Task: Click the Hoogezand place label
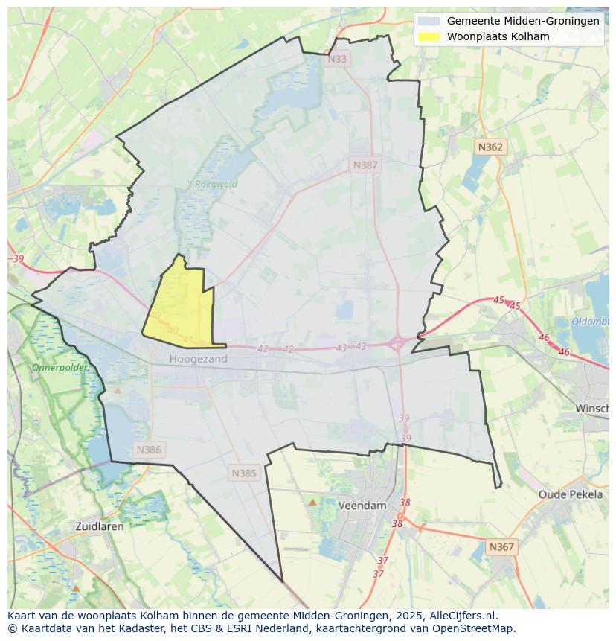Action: click(198, 359)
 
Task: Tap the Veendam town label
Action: click(362, 505)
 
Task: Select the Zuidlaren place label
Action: click(100, 526)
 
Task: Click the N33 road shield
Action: click(337, 59)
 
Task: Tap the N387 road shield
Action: click(365, 165)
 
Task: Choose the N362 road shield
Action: click(490, 147)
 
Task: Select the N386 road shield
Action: click(149, 450)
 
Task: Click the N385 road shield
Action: click(244, 473)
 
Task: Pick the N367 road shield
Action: click(501, 546)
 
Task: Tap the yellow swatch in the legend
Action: click(429, 36)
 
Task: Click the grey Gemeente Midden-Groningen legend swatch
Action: click(429, 21)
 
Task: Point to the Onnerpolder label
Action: click(59, 368)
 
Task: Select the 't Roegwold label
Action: click(213, 184)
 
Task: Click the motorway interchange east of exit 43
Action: click(397, 343)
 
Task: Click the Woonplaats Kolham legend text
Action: click(498, 36)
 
